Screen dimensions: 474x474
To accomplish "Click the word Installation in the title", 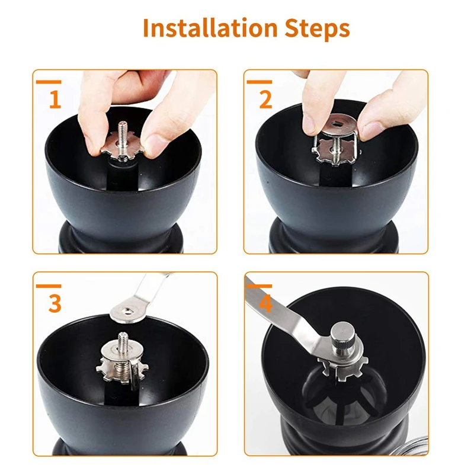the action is [x=210, y=28].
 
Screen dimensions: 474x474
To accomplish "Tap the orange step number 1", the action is [x=55, y=100].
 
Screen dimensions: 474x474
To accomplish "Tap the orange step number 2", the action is [x=265, y=100].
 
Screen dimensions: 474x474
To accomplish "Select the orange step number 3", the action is [x=55, y=303].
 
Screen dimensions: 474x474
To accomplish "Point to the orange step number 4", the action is [x=265, y=303].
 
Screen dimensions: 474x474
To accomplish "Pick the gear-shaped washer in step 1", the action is [x=123, y=148].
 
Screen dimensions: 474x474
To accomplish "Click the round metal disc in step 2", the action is [x=338, y=125].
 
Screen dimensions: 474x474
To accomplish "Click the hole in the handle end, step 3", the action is [x=128, y=310].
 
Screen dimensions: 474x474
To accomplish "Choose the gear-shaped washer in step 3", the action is [x=122, y=370].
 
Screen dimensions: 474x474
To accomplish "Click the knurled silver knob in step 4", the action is [x=343, y=338].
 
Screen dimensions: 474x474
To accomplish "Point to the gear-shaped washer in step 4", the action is [x=342, y=367].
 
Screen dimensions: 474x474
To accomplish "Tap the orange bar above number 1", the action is [x=49, y=82].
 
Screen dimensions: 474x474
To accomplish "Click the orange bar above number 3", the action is [x=49, y=286].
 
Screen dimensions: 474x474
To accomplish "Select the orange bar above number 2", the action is [x=260, y=82].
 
